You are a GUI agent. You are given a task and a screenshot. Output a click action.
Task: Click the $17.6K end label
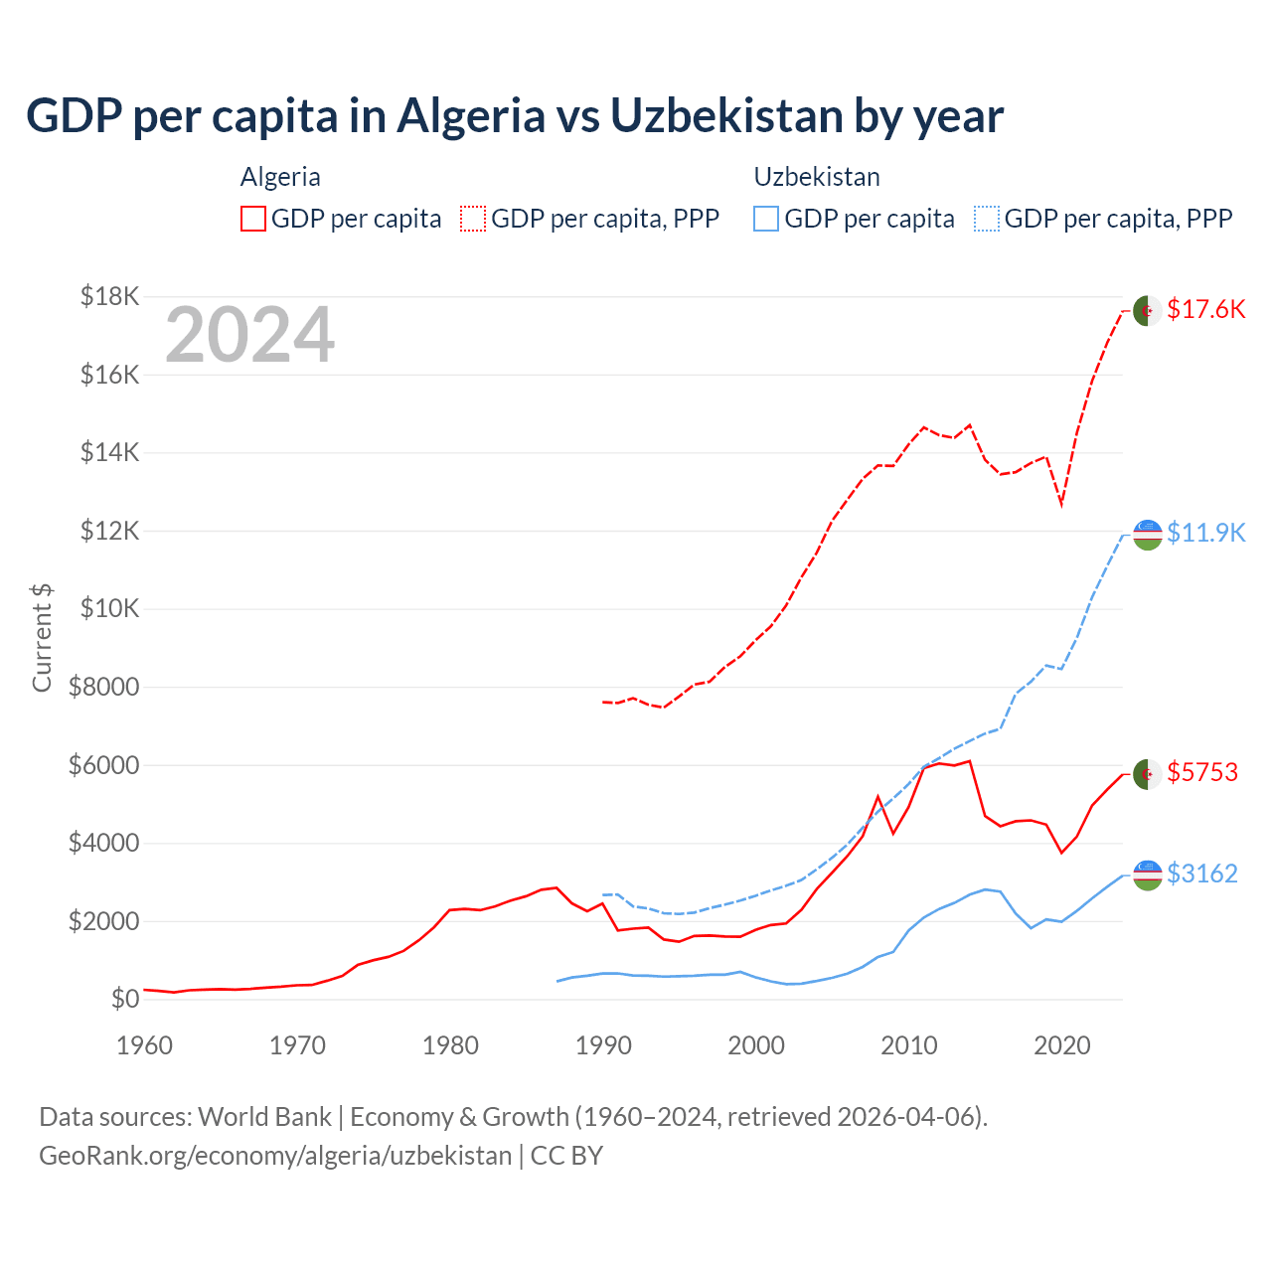1205,309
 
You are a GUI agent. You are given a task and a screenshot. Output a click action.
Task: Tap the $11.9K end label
1205,533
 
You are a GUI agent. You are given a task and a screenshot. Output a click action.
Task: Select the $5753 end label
1202,772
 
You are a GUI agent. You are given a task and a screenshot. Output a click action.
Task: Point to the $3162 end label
1202,874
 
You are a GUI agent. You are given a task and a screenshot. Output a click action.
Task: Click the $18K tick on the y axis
110,296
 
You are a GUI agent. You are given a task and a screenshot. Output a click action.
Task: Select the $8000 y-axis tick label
103,687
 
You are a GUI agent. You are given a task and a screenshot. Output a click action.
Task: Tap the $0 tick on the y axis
124,999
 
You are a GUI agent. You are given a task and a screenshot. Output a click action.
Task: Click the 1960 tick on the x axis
145,1045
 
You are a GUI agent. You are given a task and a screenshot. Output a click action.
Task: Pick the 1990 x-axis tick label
603,1045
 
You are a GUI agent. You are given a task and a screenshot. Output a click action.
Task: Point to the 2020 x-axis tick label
1062,1045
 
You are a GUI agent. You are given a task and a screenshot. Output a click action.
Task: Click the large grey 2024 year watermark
249,336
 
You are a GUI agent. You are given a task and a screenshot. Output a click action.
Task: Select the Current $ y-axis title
42,637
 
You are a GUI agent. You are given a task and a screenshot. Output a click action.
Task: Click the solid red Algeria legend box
253,219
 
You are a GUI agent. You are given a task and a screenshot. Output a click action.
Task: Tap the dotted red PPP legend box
473,219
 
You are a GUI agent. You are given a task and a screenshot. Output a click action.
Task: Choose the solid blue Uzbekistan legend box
766,219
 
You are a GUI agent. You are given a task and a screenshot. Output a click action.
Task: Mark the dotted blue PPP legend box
987,219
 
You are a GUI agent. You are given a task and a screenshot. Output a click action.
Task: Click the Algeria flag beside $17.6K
1148,310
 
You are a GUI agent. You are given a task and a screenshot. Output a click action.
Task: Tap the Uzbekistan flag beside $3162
1148,874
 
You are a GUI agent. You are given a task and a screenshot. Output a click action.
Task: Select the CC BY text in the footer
566,1156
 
